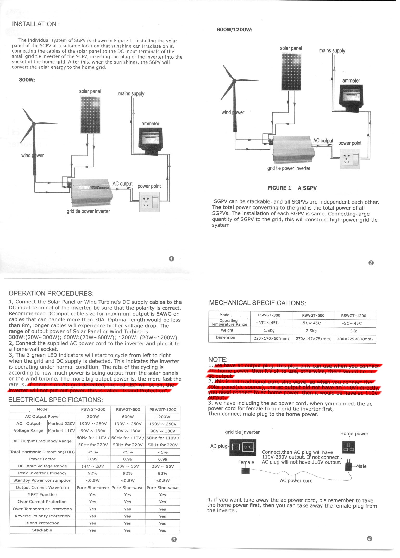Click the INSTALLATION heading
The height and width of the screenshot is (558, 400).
36,24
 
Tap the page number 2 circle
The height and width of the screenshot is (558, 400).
371,263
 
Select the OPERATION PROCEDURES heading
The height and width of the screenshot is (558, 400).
51,294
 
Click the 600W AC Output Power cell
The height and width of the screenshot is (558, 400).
128,417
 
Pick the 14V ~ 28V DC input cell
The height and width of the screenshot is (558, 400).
93,466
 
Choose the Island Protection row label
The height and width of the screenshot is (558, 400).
42,523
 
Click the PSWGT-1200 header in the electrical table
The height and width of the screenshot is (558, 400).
163,409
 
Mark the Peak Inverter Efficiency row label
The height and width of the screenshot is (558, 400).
42,473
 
